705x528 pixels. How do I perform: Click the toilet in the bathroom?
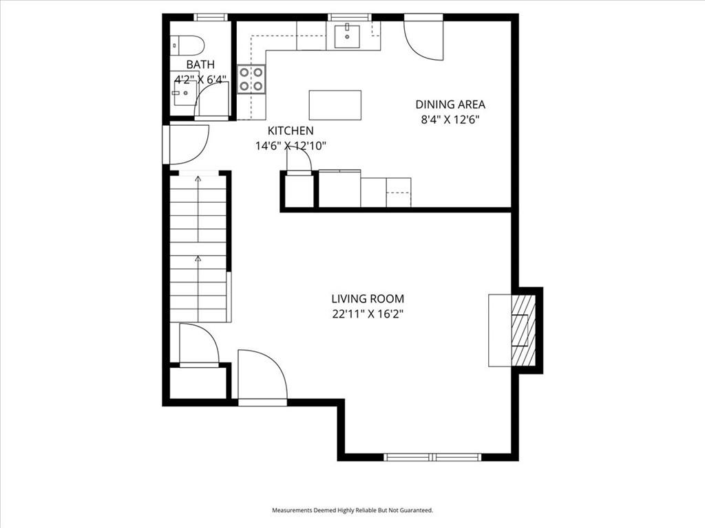[188, 45]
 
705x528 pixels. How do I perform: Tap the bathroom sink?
[182, 93]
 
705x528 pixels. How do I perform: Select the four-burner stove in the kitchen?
[251, 79]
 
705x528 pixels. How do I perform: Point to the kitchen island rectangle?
[335, 105]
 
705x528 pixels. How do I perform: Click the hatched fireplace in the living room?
[523, 330]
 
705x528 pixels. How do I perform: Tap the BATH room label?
[200, 65]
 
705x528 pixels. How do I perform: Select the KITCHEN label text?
[291, 131]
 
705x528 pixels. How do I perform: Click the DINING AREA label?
[450, 104]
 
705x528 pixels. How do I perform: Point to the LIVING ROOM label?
[368, 298]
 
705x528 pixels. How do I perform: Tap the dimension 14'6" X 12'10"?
[291, 146]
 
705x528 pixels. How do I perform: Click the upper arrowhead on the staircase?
[198, 179]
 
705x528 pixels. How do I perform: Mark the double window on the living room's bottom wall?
[432, 457]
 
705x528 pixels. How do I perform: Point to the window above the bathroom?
[211, 17]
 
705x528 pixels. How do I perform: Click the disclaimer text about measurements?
[352, 510]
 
